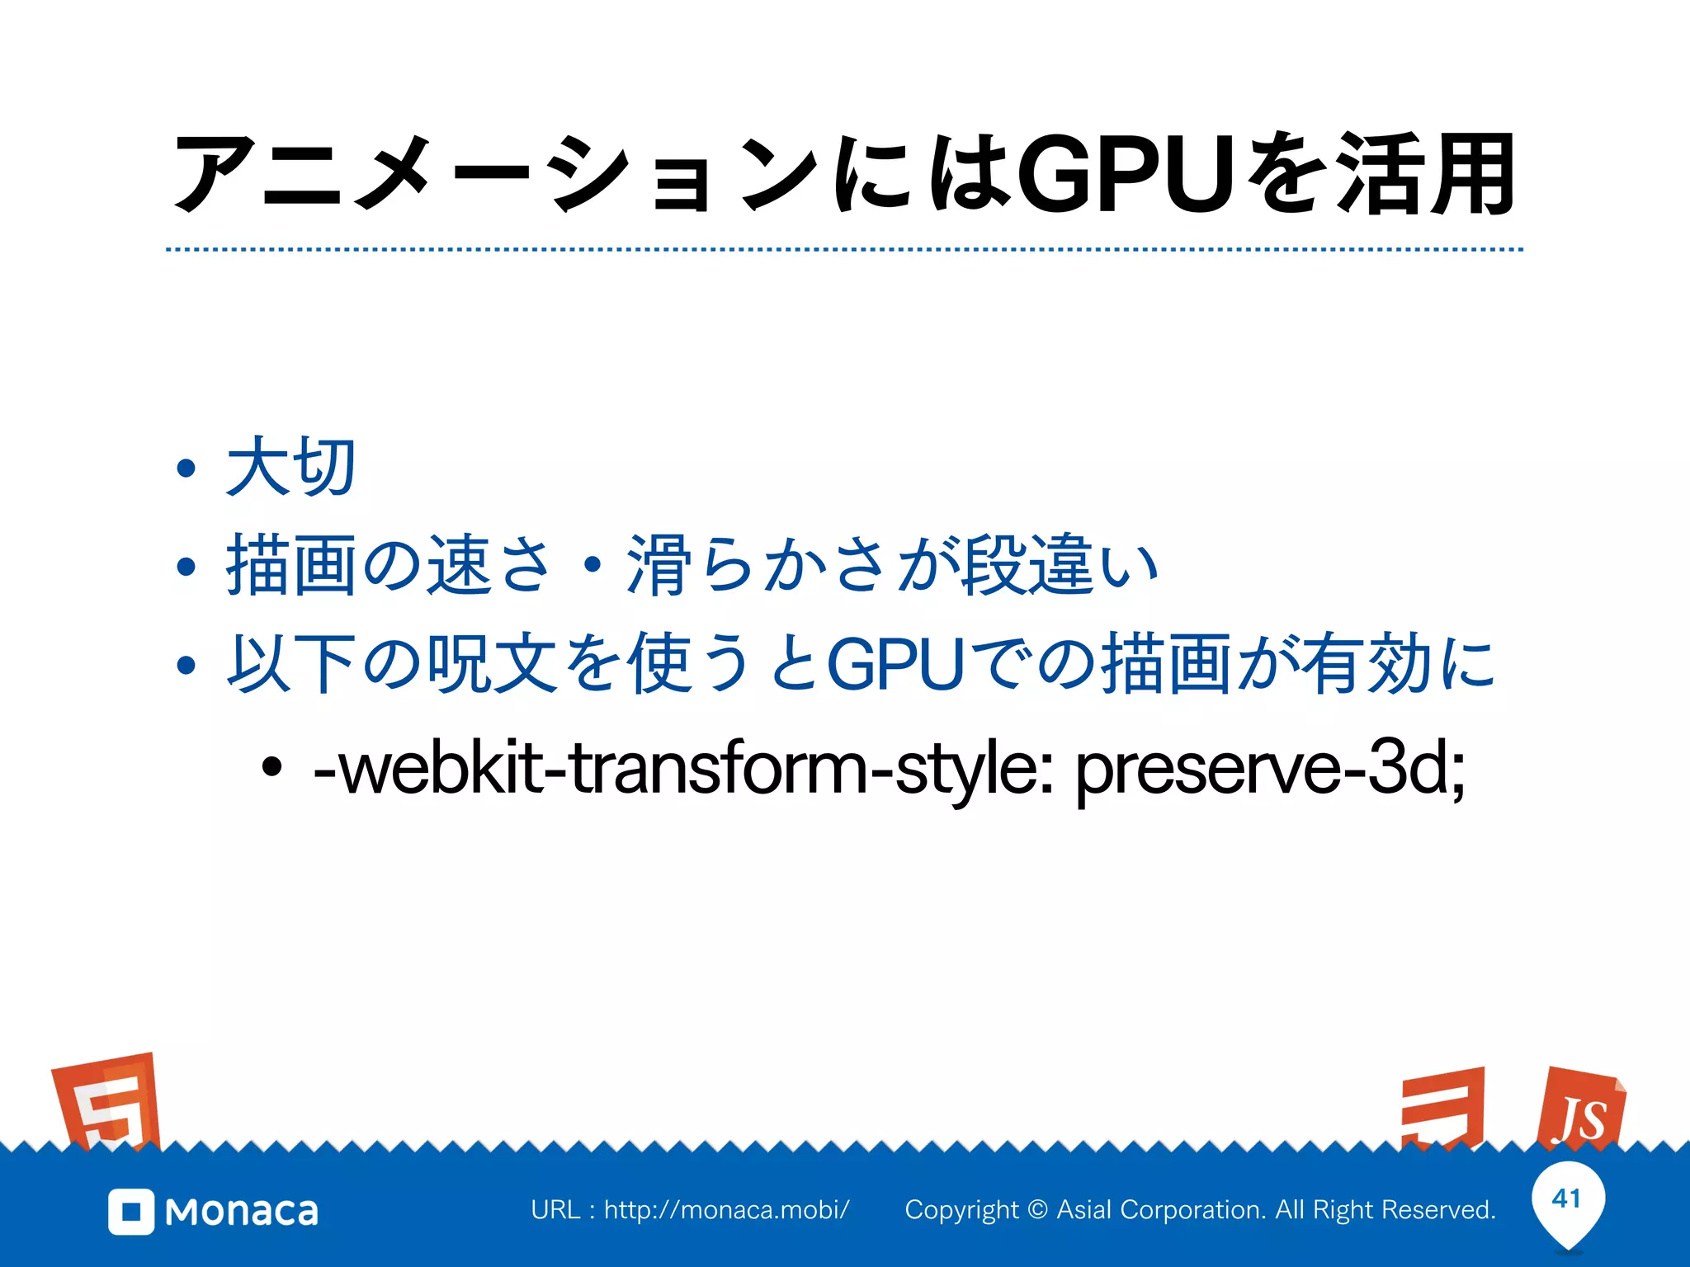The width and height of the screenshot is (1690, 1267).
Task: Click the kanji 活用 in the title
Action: coord(1426,175)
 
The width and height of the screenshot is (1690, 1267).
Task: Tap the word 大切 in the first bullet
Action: coord(290,467)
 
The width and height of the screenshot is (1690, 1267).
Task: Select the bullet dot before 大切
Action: coord(186,469)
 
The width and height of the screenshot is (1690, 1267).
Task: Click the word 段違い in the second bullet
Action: coord(1060,566)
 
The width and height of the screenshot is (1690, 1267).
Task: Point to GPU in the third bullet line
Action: coord(895,664)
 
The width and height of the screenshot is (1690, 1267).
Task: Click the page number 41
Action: coord(1566,1198)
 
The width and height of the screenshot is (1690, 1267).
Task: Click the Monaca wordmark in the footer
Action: coord(241,1212)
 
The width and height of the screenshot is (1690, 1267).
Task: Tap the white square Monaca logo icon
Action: coord(131,1212)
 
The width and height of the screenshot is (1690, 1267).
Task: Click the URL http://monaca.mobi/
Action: coord(726,1210)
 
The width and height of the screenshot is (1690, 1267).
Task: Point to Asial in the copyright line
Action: coord(1084,1210)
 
